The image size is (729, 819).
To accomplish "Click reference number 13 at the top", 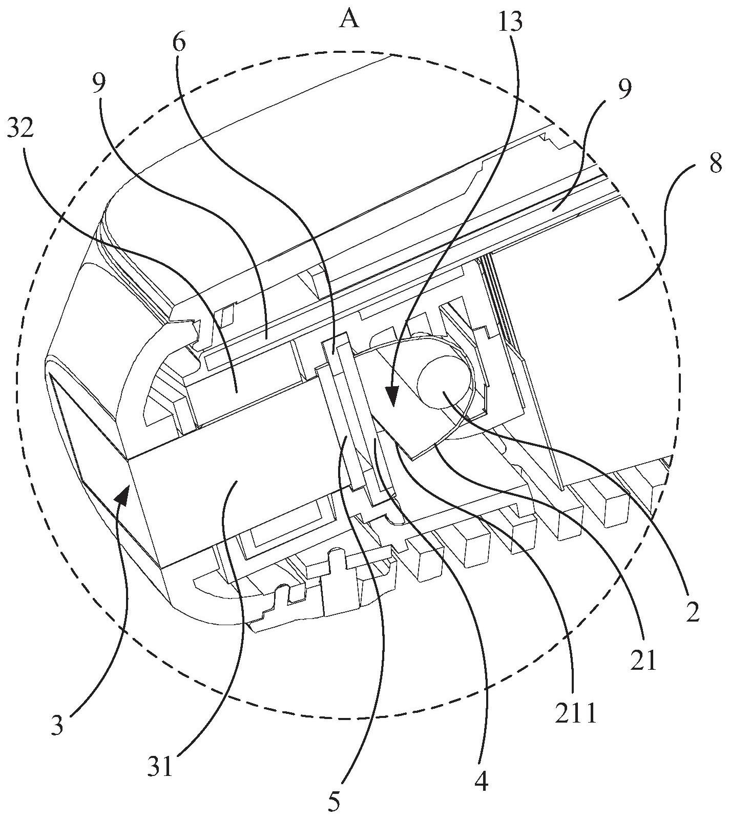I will tap(509, 22).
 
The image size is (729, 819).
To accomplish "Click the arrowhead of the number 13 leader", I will tap(393, 397).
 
